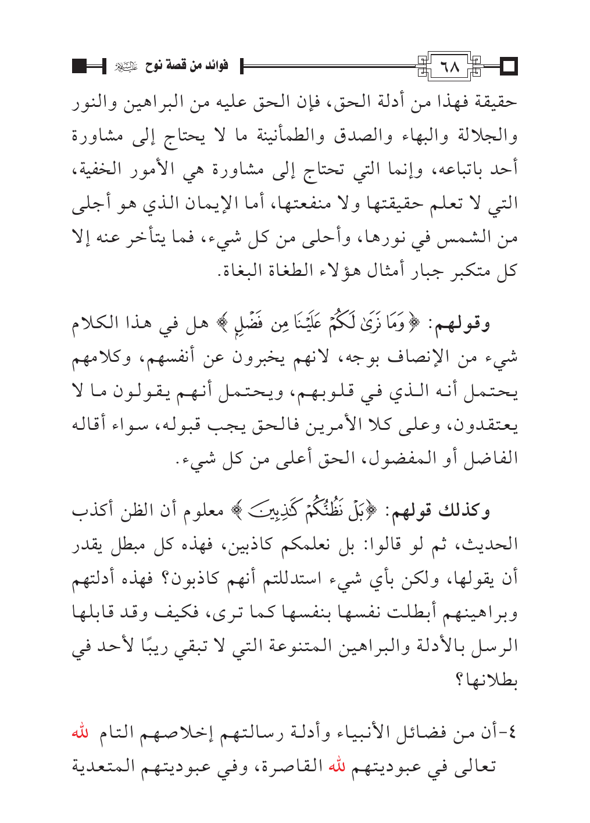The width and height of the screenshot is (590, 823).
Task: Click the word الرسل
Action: point(495,644)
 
